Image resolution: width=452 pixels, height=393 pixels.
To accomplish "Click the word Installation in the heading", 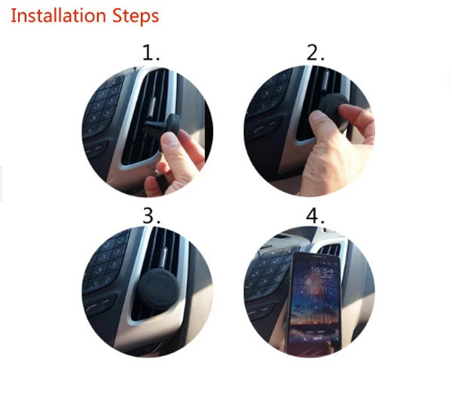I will pos(57,15).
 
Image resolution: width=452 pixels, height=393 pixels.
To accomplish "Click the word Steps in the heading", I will pos(133,16).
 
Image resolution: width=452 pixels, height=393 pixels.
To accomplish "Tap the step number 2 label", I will pos(315,53).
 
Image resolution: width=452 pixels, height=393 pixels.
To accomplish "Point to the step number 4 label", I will pos(315,216).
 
